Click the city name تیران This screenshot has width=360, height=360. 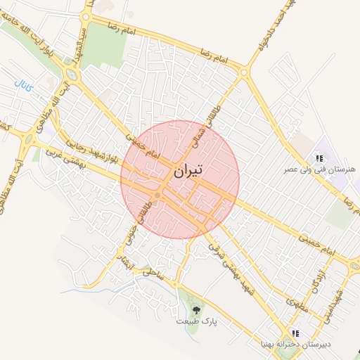point(188,170)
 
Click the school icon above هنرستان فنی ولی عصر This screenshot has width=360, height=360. point(319,159)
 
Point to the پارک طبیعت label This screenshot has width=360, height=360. point(196,321)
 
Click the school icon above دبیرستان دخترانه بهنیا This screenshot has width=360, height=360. point(295,333)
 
